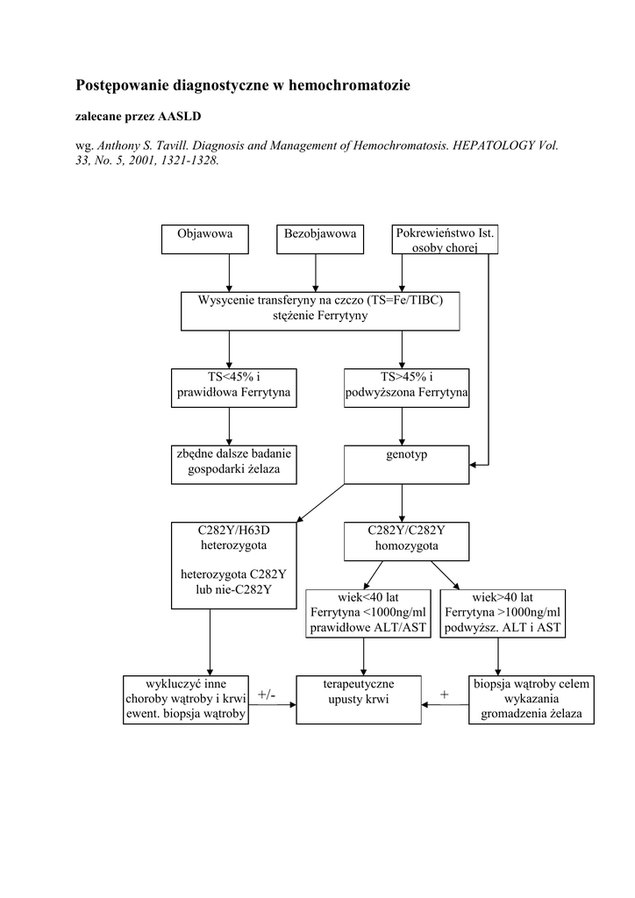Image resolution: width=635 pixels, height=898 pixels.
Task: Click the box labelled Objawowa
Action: point(204,239)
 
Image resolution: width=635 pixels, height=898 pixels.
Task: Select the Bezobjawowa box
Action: point(320,239)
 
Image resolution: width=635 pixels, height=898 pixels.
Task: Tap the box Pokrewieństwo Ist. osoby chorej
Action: point(445,239)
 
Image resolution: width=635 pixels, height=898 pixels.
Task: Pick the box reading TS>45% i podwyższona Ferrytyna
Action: point(406,388)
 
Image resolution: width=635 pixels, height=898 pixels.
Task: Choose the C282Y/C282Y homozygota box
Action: point(406,540)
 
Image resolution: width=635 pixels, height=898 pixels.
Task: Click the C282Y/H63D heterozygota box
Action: point(233,566)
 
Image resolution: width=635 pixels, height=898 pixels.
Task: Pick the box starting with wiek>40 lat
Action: point(503,613)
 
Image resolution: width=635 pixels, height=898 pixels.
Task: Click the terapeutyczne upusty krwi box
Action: point(358,700)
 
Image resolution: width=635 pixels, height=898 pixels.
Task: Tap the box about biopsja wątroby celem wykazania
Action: point(532,700)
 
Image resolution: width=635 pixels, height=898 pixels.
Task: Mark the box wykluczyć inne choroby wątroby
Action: point(185,700)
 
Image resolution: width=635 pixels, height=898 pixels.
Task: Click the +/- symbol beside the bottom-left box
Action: point(267,695)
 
